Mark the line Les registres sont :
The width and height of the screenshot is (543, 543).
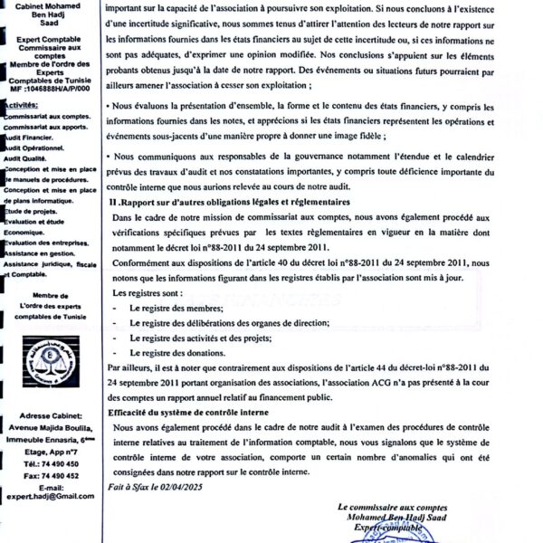pyautogui.click(x=149, y=294)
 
